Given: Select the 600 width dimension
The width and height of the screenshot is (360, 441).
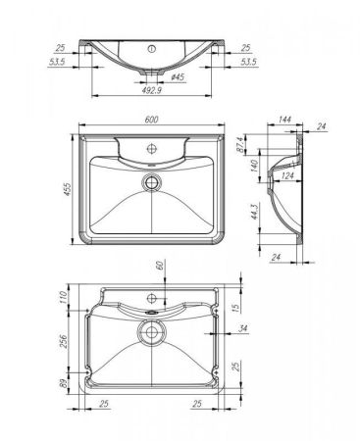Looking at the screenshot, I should coord(152,119).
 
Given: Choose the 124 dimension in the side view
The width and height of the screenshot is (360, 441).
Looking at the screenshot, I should coord(286,175).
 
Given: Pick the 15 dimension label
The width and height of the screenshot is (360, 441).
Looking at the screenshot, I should coord(235,309).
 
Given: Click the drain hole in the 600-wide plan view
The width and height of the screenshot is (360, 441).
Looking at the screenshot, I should coord(152,181).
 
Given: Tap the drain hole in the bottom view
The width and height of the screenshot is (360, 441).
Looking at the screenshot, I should coord(152,334).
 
